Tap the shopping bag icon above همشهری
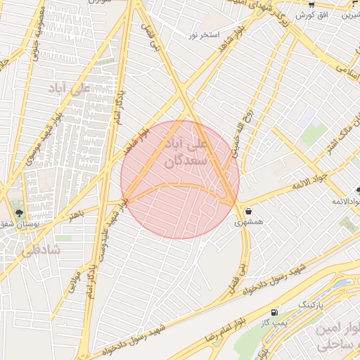click(249, 210)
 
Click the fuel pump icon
click(274, 311)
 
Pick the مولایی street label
click(70, 285)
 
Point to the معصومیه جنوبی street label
click(33, 35)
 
